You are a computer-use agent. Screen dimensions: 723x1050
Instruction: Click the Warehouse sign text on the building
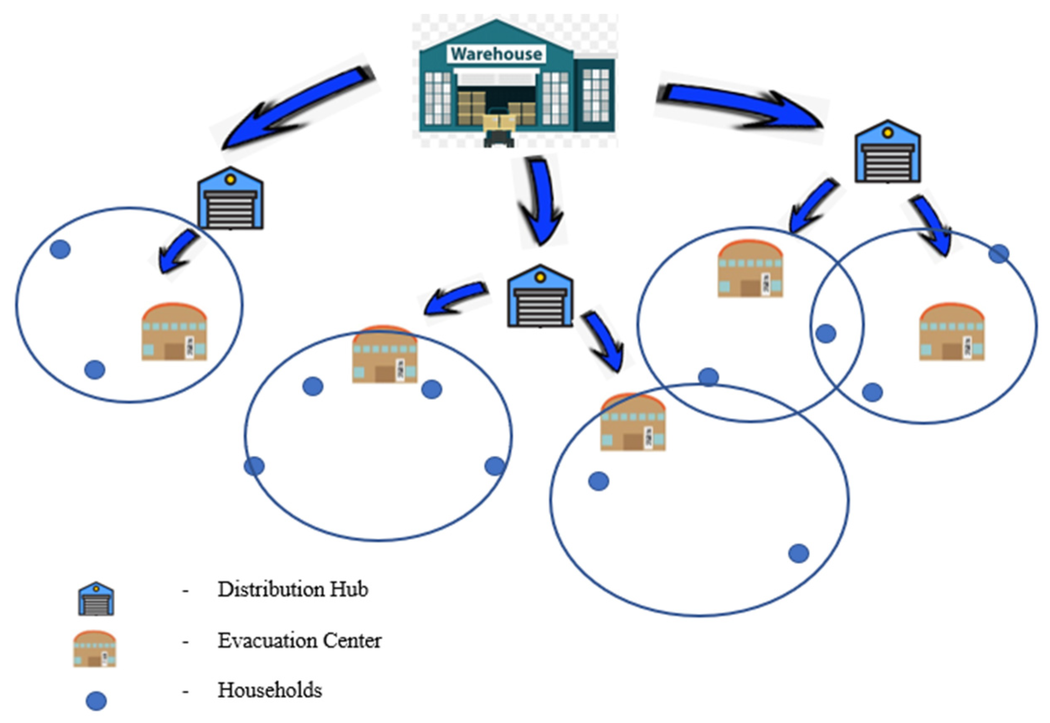496,54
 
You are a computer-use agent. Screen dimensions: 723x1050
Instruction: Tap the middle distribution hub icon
540,296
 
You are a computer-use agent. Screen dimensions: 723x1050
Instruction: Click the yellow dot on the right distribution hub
888,133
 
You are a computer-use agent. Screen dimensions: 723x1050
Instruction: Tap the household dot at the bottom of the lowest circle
798,554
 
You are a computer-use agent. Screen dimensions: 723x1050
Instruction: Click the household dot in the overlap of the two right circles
826,334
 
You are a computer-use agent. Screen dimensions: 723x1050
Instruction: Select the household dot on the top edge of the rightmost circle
999,254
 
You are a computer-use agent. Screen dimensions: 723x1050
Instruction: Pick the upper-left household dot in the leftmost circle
60,249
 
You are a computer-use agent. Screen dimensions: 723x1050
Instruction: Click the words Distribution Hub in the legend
293,590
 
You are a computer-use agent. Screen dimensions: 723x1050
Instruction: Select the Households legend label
270,690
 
